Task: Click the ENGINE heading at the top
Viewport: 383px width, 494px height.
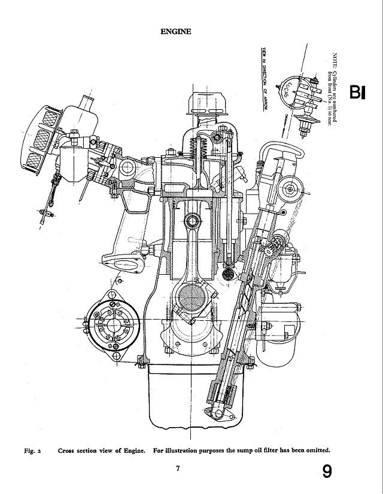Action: pyautogui.click(x=176, y=32)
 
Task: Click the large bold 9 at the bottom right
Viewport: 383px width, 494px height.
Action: pyautogui.click(x=327, y=472)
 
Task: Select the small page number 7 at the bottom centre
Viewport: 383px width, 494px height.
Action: pyautogui.click(x=178, y=469)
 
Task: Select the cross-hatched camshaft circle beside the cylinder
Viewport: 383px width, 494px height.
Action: pyautogui.click(x=228, y=274)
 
